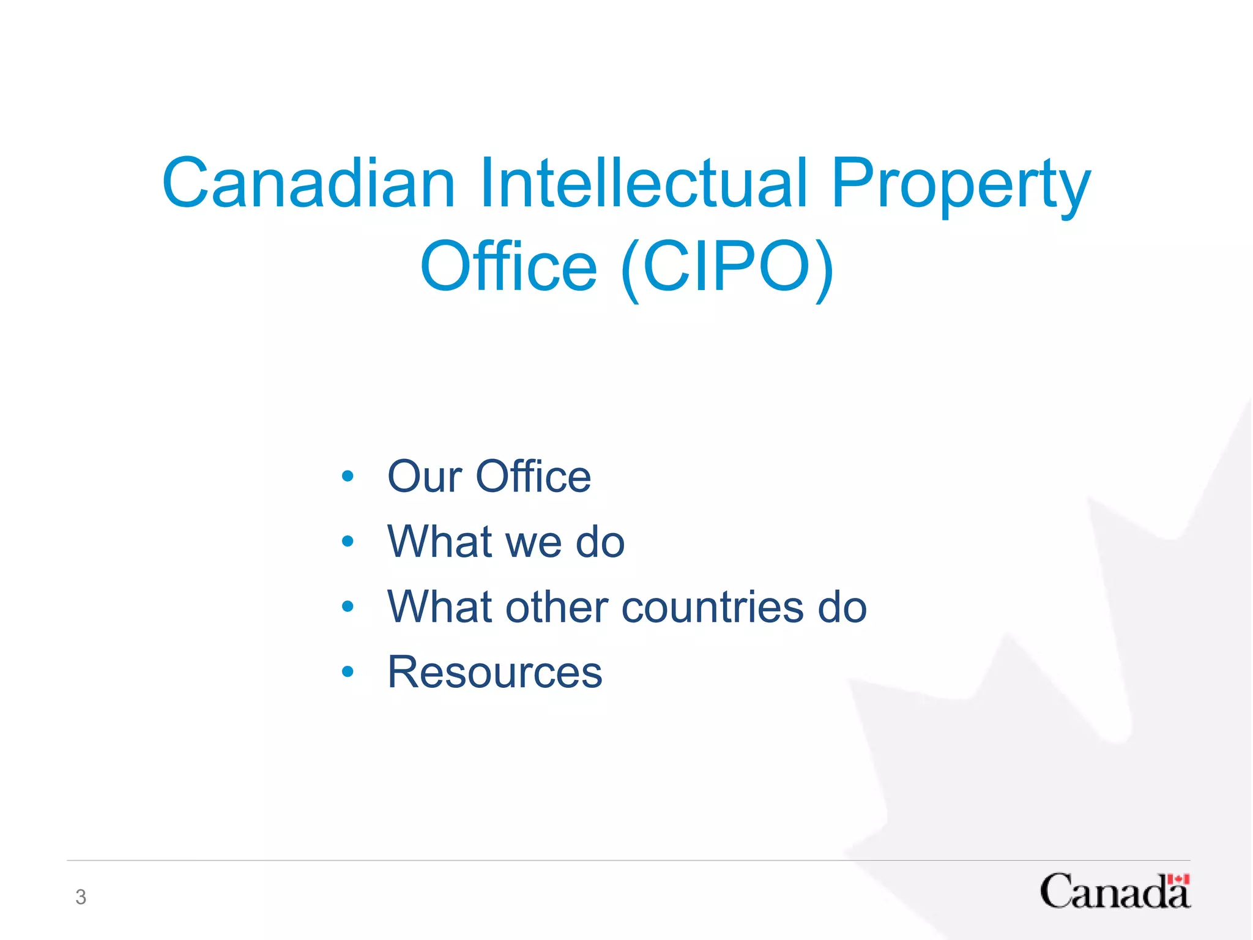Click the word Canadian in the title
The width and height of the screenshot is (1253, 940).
[x=309, y=183]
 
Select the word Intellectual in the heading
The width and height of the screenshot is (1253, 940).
[x=644, y=183]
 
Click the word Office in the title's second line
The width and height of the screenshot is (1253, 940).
[x=508, y=267]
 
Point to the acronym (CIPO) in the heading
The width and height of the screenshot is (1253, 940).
[x=727, y=268]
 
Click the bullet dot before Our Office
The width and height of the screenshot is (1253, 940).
[x=348, y=476]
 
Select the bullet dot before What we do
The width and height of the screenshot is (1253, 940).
[x=348, y=542]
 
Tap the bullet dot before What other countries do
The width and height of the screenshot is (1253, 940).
[x=348, y=606]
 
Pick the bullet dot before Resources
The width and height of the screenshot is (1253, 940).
[x=348, y=672]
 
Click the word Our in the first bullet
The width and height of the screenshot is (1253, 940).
[x=425, y=477]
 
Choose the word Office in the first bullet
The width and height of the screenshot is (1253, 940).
[x=534, y=477]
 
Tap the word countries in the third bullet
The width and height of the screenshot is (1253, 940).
[x=713, y=607]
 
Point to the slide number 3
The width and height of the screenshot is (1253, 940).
[x=81, y=897]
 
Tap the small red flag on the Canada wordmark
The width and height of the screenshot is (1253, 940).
[x=1178, y=880]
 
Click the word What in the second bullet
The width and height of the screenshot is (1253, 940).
[x=440, y=542]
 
